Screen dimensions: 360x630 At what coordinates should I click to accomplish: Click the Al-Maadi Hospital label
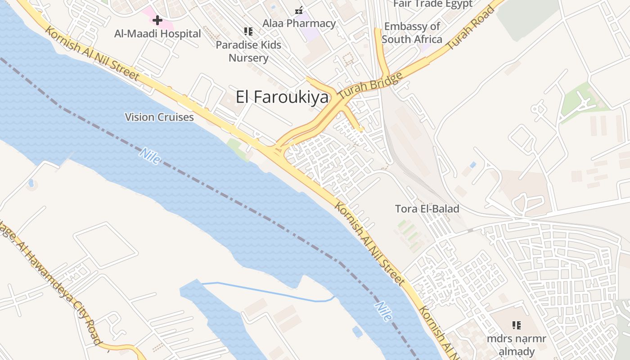point(157,34)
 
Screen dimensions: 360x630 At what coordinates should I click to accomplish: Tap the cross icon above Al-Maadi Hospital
point(157,20)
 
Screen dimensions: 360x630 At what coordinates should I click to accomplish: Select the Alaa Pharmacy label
point(299,23)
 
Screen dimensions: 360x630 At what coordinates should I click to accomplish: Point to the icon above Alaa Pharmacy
point(299,10)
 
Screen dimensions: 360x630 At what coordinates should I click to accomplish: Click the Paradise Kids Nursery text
point(248,51)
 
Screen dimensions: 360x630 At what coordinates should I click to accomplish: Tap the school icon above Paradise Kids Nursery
point(248,31)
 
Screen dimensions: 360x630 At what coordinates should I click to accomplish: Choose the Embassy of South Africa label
point(412,33)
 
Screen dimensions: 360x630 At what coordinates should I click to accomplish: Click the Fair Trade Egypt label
point(432,4)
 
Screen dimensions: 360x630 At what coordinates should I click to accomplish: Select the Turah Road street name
point(470,28)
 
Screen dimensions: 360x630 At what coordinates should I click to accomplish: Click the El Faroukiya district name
point(282,97)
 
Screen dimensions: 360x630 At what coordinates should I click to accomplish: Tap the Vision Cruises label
point(159,117)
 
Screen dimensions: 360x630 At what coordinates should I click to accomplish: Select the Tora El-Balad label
point(427,209)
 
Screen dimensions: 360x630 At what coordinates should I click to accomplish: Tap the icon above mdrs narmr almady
point(516,325)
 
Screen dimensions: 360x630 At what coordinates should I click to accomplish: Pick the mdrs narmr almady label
point(516,345)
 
